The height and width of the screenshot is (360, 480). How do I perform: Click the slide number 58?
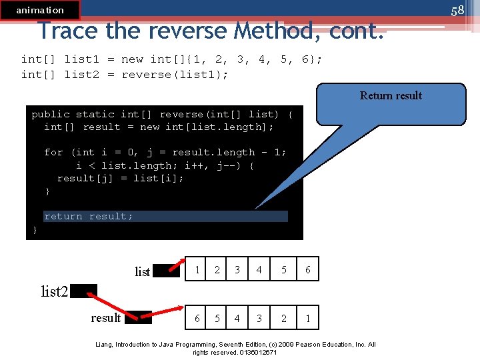pos(457,10)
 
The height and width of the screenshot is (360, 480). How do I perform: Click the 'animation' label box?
pos(40,10)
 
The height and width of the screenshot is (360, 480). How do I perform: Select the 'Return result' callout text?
pos(391,95)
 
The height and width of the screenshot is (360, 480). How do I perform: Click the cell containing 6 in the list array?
pos(307,269)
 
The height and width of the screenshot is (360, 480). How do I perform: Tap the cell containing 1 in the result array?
pos(307,318)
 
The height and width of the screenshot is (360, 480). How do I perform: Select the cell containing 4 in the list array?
pos(259,269)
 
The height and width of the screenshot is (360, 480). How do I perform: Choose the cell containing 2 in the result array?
pos(283,318)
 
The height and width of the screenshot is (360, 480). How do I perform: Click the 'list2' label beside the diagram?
pos(54,291)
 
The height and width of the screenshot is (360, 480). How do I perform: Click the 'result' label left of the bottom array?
pos(106,317)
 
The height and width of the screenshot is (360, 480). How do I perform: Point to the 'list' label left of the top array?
pos(143,271)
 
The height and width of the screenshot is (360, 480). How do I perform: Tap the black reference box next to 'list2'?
pos(83,291)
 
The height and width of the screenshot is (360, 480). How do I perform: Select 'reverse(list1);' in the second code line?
pos(175,74)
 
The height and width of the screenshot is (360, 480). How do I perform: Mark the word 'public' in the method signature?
pos(50,114)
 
